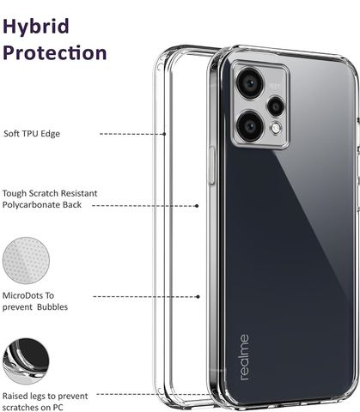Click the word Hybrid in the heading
click(36, 27)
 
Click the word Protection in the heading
click(55, 52)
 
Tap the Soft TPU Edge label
click(32, 134)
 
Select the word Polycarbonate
click(32, 205)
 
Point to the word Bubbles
click(52, 307)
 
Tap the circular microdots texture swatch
click(26, 260)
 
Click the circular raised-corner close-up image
click(26, 361)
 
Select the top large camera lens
click(250, 84)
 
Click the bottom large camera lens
click(250, 126)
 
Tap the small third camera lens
click(276, 106)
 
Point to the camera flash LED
click(276, 128)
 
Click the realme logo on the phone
click(245, 357)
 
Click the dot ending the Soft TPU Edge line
click(164, 134)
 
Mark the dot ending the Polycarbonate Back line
click(197, 206)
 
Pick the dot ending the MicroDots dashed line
click(198, 297)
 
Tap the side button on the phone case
click(212, 165)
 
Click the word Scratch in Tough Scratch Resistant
click(43, 193)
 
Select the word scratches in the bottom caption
click(22, 408)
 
